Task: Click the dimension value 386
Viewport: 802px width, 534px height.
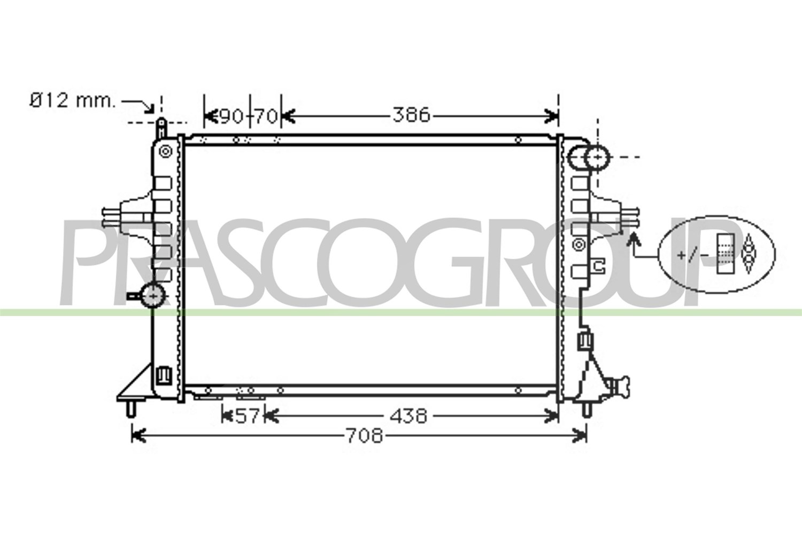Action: click(x=411, y=115)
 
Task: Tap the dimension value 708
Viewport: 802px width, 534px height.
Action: click(x=365, y=436)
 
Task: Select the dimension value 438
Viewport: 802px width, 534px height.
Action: click(x=408, y=416)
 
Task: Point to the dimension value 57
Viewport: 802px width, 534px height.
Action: click(x=247, y=416)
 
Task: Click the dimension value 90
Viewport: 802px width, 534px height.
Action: click(x=232, y=116)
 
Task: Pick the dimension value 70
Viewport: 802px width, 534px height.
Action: click(x=266, y=116)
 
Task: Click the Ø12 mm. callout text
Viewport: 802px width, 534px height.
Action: click(x=73, y=100)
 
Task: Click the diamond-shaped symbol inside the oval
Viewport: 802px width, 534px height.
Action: click(x=748, y=254)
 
